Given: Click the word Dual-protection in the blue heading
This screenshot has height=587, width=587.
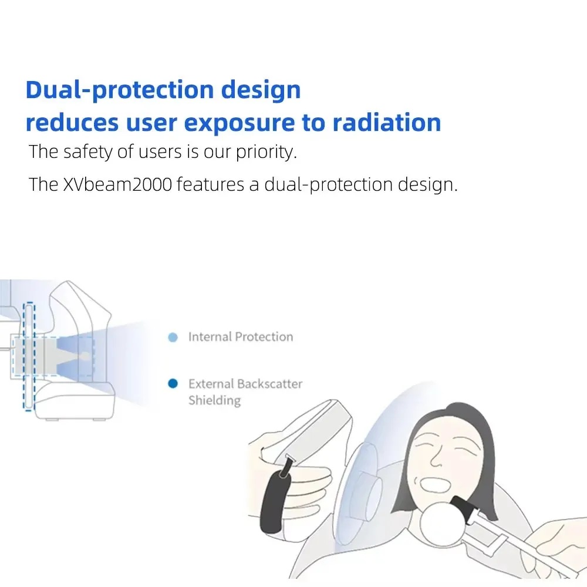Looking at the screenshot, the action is [x=120, y=90].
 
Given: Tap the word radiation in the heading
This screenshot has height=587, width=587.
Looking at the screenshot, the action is [x=387, y=123].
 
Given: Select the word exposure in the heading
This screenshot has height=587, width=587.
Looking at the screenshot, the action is [x=239, y=123].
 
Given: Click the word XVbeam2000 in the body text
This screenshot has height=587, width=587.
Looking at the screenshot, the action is [x=117, y=184].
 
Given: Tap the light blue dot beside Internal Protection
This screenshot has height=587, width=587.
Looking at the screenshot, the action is [x=173, y=338].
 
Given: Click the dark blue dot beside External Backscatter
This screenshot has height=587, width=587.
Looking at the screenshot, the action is [x=173, y=384].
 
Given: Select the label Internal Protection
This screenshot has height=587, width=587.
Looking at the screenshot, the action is [x=240, y=337].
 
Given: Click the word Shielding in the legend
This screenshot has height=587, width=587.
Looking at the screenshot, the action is [x=214, y=400].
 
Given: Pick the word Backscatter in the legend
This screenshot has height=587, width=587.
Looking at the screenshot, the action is [x=269, y=384].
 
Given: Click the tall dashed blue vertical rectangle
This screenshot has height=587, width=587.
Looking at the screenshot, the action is [x=29, y=356].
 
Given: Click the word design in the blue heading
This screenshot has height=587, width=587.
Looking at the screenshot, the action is [x=261, y=90].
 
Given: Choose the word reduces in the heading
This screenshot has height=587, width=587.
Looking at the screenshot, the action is [x=72, y=123].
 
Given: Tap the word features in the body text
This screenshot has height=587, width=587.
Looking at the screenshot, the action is [x=210, y=184].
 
